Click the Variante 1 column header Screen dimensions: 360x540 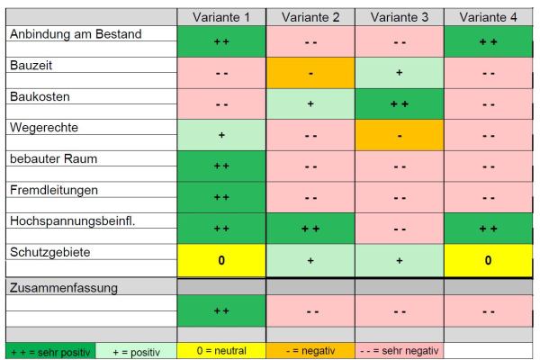[221, 17]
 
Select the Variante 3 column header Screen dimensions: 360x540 [399, 17]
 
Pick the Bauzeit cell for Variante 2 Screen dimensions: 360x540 [310, 73]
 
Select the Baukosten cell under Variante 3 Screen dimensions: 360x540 [399, 104]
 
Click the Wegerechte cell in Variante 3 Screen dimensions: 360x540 [399, 135]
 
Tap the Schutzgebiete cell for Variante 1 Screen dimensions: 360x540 [221, 260]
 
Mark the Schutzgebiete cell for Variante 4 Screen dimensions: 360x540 [488, 260]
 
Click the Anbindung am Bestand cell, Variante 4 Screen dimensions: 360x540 [488, 41]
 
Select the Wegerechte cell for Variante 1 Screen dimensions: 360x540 [221, 135]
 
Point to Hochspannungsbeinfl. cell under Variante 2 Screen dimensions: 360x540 [310, 229]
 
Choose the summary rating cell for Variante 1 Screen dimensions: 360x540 [221, 311]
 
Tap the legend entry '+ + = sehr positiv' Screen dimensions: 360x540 [49, 351]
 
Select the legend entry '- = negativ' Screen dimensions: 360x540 [310, 351]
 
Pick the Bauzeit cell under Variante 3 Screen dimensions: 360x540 [399, 73]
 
